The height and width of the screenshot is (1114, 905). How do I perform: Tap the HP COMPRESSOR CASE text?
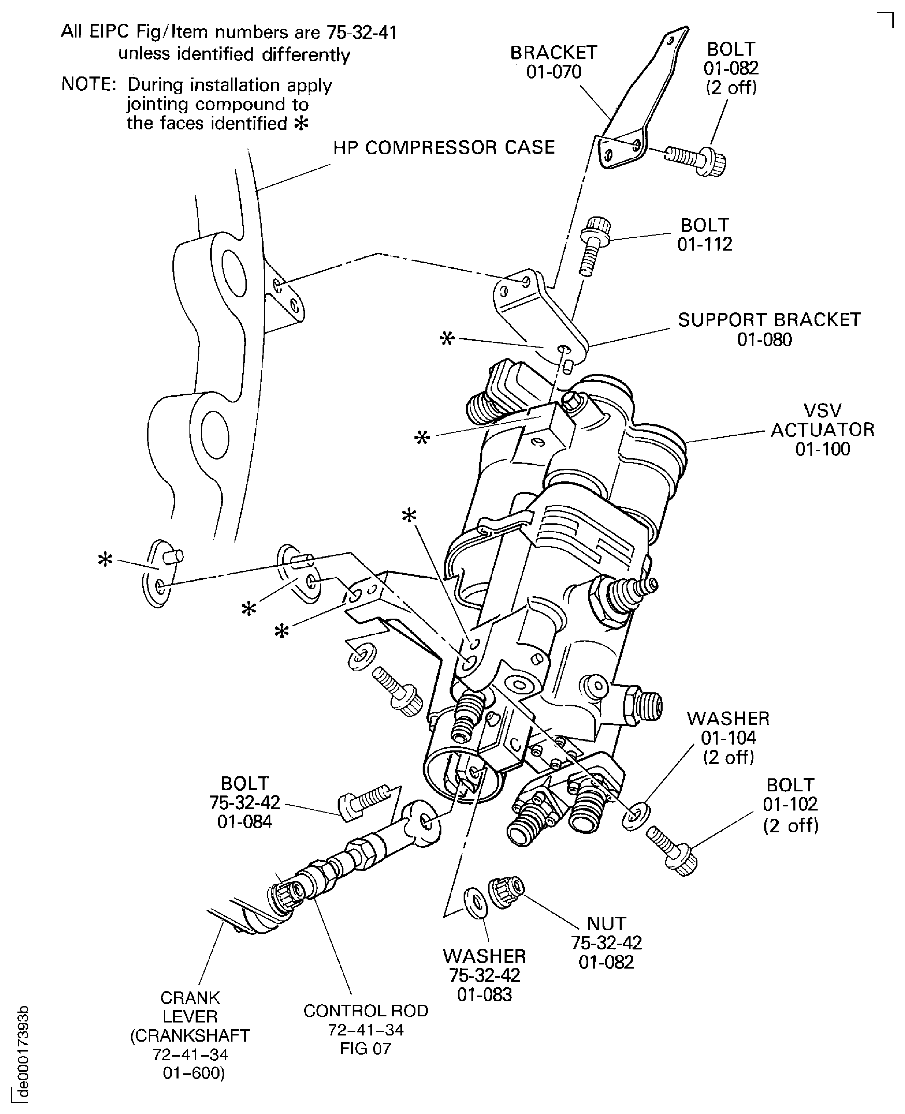444,147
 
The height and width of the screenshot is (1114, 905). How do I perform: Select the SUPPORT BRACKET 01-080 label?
769,329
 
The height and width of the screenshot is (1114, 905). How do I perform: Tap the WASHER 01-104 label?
728,737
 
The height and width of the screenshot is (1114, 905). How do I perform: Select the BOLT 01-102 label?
790,804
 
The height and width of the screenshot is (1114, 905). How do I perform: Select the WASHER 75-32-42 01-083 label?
484,975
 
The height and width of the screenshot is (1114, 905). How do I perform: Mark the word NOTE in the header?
88,84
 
